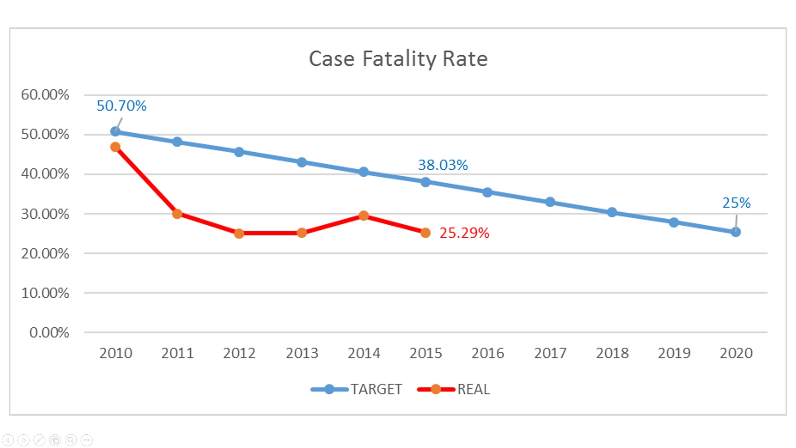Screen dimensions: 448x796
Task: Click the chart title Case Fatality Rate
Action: pos(398,58)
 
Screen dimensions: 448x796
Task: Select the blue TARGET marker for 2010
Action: pos(115,131)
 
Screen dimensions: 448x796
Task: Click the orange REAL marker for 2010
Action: pos(115,147)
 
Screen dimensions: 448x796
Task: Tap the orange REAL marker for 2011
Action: pos(177,214)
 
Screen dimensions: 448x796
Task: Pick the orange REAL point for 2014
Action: pos(364,216)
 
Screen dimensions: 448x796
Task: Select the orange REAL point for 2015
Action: pos(425,233)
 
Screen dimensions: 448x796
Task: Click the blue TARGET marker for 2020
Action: pos(736,232)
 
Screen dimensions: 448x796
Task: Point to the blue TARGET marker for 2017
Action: pos(550,202)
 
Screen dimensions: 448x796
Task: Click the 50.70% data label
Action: pos(121,106)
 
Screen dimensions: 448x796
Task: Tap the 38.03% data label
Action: pos(443,165)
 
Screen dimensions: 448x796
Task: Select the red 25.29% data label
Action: pos(464,233)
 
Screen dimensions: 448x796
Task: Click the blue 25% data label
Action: pos(736,203)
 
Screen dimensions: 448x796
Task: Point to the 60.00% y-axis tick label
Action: pos(45,95)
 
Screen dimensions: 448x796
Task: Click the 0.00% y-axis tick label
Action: pos(49,332)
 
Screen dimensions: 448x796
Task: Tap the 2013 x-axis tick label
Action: pos(302,353)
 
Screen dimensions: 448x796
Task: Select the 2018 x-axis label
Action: pos(612,353)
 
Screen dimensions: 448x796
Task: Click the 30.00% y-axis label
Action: pos(45,214)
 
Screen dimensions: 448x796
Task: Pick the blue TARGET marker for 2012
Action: pos(239,152)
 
